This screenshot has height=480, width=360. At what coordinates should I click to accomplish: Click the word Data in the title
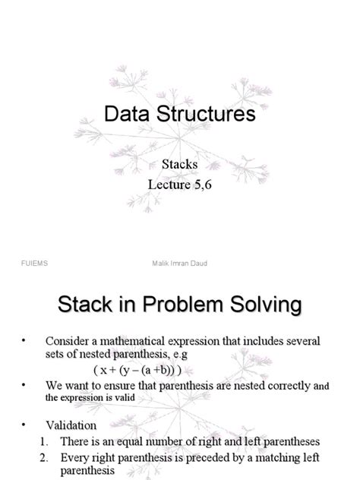tap(127, 115)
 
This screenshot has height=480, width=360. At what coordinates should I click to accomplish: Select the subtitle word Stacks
tap(179, 163)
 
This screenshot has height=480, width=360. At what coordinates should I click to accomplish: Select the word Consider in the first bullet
tap(68, 340)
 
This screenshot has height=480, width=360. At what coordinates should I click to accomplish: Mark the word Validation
tap(71, 426)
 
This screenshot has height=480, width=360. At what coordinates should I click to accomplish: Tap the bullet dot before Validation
tap(24, 426)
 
